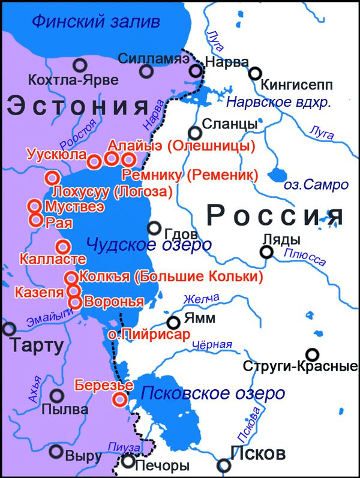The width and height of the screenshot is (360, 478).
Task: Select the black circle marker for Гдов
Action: [154, 228]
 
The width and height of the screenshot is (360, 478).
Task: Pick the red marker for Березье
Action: [121, 399]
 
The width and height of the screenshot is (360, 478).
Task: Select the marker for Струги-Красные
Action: [311, 354]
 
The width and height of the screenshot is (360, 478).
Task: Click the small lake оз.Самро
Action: [278, 175]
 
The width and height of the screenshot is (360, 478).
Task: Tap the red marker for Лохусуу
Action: [52, 178]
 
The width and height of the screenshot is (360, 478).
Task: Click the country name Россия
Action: [275, 214]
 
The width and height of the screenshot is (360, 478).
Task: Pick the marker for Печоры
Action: [128, 461]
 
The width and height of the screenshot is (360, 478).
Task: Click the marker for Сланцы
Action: [194, 133]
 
